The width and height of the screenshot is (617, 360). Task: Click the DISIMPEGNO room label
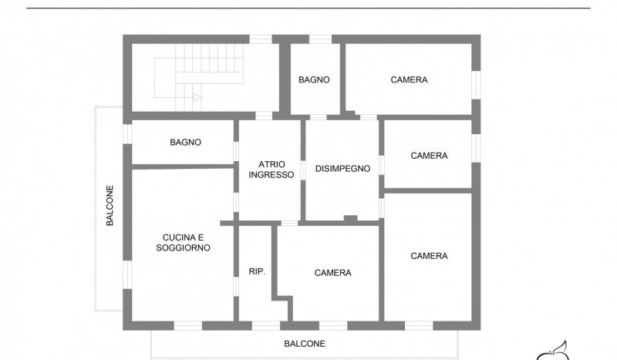click(x=342, y=168)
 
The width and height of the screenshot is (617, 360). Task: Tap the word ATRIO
click(x=272, y=164)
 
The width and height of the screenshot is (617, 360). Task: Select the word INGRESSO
click(x=271, y=175)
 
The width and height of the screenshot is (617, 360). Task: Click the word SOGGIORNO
click(x=183, y=247)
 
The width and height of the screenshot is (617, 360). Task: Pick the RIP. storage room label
click(x=258, y=271)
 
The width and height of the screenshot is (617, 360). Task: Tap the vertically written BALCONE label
click(x=110, y=205)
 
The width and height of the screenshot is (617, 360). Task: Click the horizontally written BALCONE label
click(x=305, y=344)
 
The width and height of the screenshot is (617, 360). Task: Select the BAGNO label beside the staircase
click(x=314, y=79)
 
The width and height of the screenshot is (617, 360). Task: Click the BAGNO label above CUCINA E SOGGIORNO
click(x=185, y=142)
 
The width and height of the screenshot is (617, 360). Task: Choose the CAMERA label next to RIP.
click(x=333, y=273)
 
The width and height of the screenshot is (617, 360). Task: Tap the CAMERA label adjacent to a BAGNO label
click(x=409, y=79)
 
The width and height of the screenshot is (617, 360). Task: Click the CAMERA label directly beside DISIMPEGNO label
click(x=429, y=156)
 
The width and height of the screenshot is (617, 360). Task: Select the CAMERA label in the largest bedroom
click(x=429, y=256)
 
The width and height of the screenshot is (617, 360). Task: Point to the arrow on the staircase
click(x=197, y=98)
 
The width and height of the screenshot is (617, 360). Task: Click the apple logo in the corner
click(x=553, y=352)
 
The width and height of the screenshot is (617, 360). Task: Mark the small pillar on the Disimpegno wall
click(x=351, y=218)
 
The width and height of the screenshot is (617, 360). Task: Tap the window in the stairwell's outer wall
click(x=261, y=39)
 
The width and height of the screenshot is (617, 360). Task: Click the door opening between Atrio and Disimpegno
click(x=303, y=170)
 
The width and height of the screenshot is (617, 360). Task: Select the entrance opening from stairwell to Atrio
click(x=264, y=116)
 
